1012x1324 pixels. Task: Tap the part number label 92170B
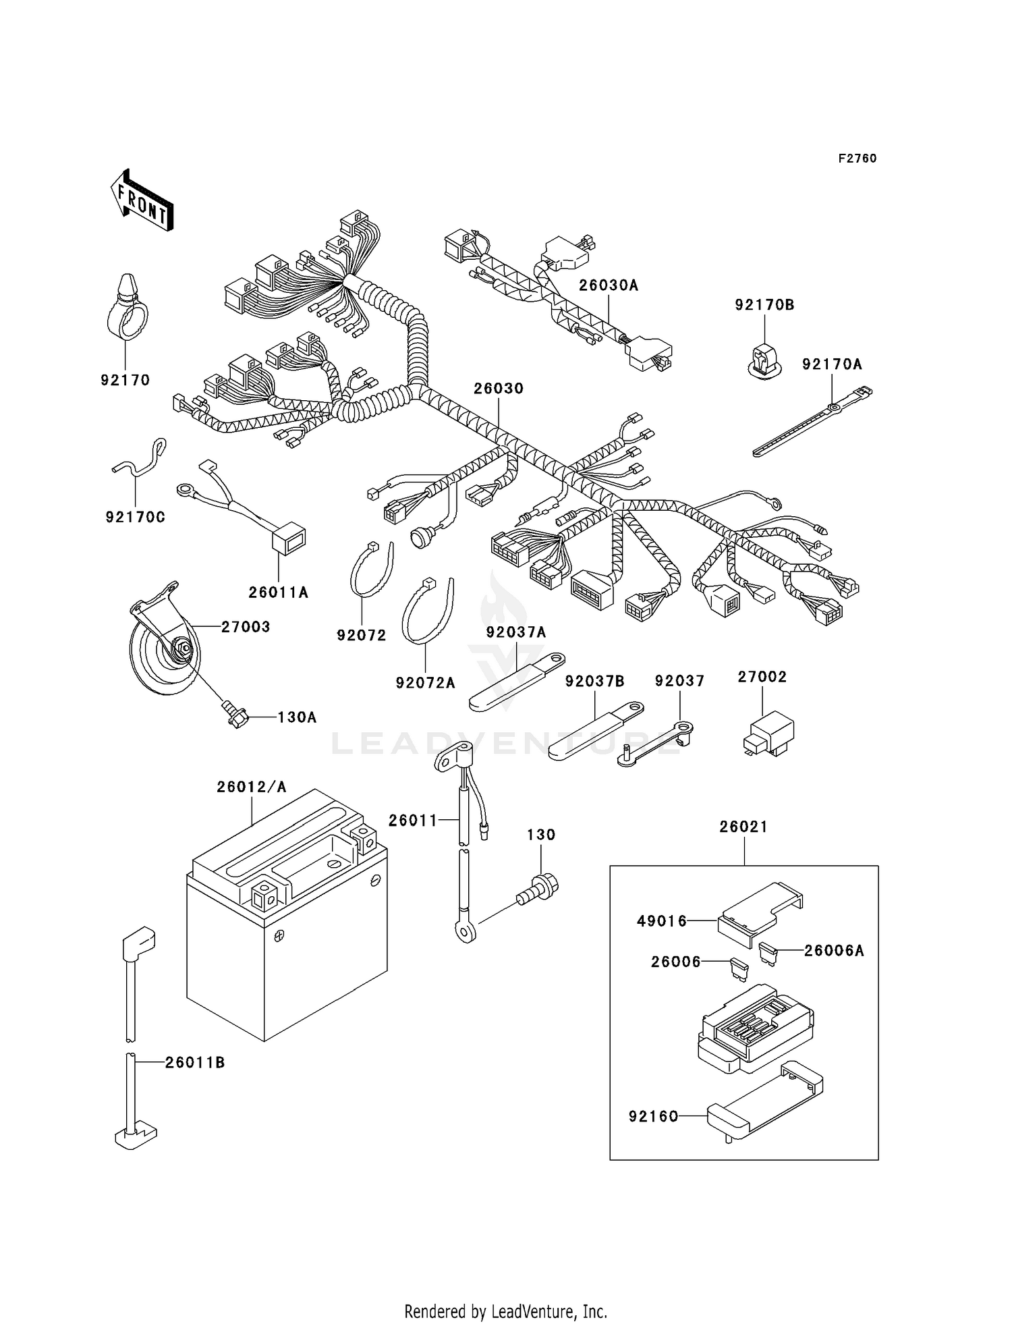[x=764, y=305]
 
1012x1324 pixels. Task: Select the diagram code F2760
[x=858, y=159]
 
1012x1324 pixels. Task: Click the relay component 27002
[x=769, y=732]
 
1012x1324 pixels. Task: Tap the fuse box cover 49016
[x=759, y=911]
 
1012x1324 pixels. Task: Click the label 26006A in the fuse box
[x=834, y=951]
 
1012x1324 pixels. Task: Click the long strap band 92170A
[x=810, y=422]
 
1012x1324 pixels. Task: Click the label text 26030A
[x=609, y=285]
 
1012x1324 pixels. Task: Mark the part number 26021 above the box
[x=743, y=827]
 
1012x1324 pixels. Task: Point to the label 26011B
[x=195, y=1063]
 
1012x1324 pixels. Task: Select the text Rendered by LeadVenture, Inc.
[x=505, y=1311]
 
